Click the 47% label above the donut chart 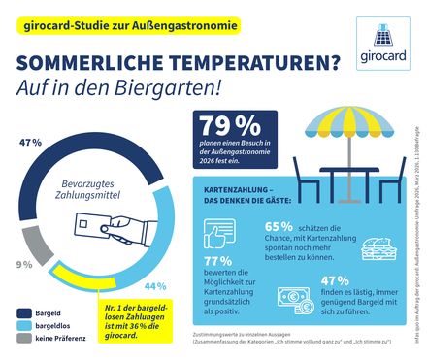point(31,142)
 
